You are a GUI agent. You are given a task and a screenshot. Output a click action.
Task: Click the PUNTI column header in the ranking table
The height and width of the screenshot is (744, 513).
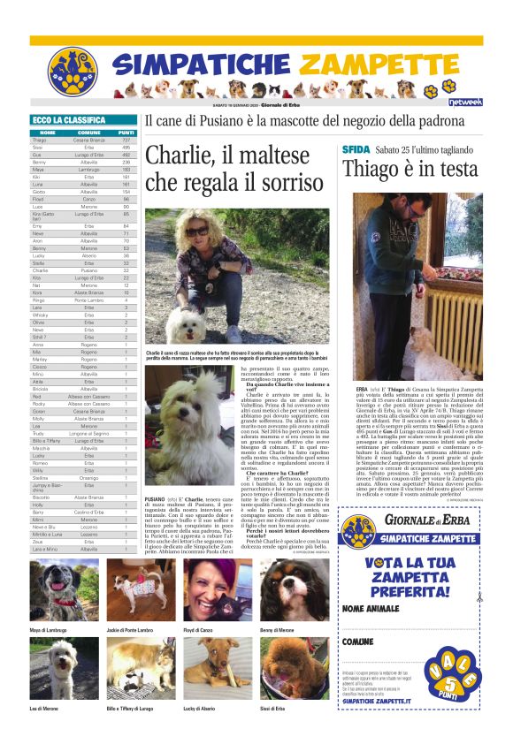coord(126,133)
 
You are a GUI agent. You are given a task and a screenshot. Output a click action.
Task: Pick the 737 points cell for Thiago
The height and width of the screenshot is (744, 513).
coord(126,140)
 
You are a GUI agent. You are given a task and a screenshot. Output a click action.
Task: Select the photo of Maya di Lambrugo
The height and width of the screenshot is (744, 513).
coord(65,589)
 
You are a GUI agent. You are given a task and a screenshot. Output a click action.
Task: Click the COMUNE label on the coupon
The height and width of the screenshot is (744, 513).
coord(358,641)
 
